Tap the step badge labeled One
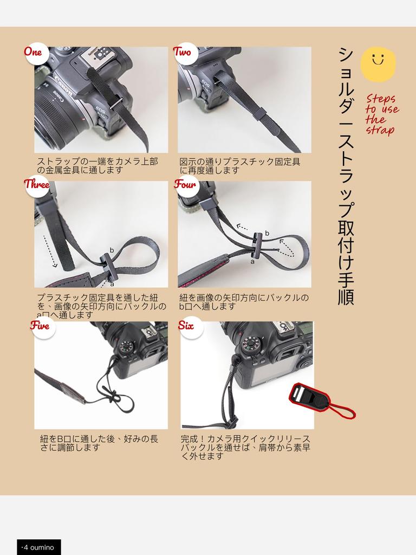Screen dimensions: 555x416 coord(33,53)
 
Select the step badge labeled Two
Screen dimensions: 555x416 coord(183,53)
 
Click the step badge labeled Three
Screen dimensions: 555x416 coord(37,185)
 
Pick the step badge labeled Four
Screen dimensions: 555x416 coord(185,185)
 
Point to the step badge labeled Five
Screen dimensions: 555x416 coord(40,326)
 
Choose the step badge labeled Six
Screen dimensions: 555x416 coord(187,326)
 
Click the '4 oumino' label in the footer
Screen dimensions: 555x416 coord(39,547)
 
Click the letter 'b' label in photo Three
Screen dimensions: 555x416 coord(112,250)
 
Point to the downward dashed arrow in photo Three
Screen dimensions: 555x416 coord(49,251)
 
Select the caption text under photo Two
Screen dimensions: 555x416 coord(240,166)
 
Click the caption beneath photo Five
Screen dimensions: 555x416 coord(100,443)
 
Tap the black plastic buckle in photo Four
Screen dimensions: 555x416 coord(259,242)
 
